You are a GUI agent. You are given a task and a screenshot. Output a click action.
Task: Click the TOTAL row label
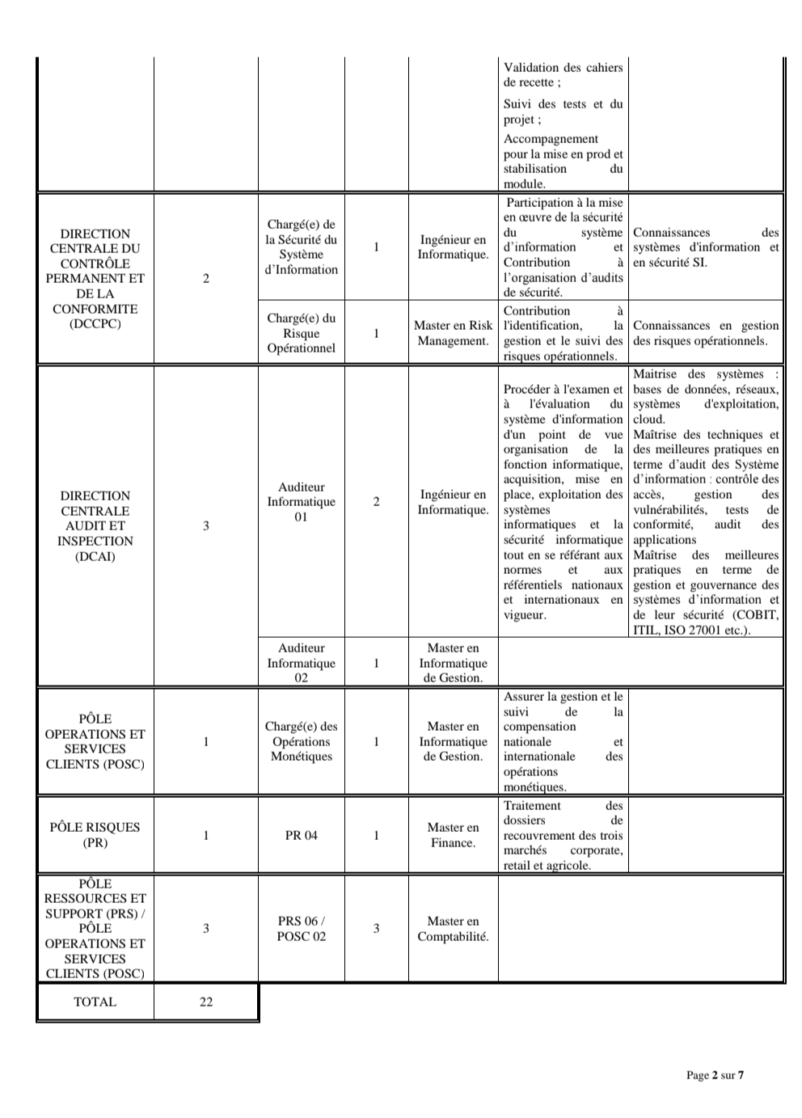point(95,1002)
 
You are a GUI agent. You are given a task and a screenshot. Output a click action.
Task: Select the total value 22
point(206,1002)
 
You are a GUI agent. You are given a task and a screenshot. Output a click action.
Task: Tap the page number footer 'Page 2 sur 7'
point(715,1074)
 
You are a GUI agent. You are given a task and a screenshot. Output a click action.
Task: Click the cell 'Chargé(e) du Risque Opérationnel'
point(301,333)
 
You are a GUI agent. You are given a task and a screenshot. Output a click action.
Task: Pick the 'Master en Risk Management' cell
point(453,333)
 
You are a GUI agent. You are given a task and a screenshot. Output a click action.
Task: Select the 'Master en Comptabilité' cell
point(453,929)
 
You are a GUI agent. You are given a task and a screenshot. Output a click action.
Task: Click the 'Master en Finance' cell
point(453,835)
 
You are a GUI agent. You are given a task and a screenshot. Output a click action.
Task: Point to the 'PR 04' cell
point(301,835)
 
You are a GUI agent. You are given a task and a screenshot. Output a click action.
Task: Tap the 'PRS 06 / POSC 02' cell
point(301,929)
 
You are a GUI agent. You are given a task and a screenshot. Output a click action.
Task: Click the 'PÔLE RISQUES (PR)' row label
point(95,835)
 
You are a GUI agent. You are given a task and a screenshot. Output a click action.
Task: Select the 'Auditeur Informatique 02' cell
point(301,663)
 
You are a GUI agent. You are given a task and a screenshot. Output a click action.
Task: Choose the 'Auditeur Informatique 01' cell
point(301,502)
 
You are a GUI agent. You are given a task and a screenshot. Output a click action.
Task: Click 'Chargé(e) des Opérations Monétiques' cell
point(301,741)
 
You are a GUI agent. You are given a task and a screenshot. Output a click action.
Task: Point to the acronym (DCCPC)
point(95,324)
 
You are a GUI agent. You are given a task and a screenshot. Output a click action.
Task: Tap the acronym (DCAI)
point(95,556)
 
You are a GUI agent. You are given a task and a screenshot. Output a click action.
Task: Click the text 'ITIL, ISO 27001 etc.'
point(691,631)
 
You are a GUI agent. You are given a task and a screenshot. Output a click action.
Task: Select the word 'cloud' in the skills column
point(648,420)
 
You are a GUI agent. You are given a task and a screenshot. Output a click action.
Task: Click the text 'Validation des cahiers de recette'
point(563,75)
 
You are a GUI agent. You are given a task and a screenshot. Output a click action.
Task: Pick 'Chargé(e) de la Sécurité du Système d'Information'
point(301,247)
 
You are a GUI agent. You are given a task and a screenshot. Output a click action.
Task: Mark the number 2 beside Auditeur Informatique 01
point(376,502)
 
